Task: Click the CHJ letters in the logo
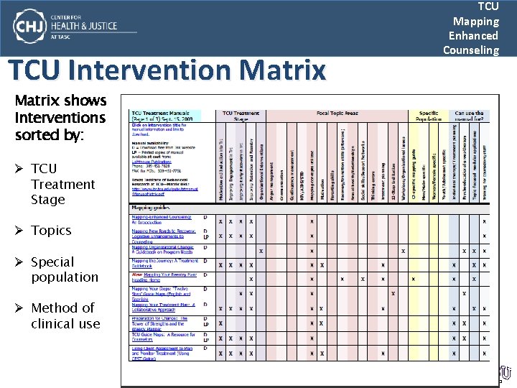[31, 27]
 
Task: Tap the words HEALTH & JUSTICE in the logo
[84, 27]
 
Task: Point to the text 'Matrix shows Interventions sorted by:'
[60, 118]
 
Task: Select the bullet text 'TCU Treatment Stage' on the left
[62, 184]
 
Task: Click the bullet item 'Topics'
[51, 231]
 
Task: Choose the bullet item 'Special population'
[65, 269]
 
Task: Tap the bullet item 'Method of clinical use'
[65, 315]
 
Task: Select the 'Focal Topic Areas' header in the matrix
[337, 114]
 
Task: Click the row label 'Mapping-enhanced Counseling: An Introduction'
[160, 220]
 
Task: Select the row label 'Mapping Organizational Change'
[161, 249]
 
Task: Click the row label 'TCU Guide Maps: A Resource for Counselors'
[163, 337]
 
